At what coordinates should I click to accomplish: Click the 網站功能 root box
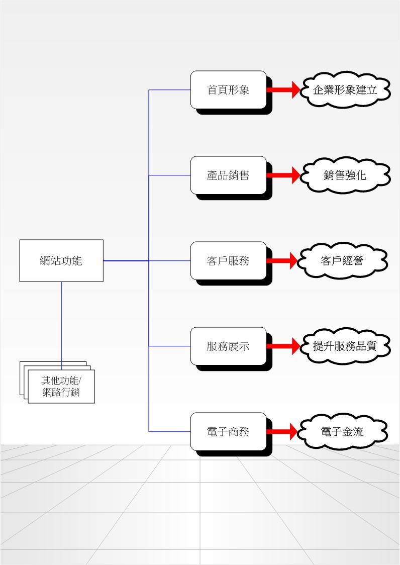(61, 260)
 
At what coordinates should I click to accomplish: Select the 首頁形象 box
(228, 90)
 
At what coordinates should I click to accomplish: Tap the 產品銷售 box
(228, 175)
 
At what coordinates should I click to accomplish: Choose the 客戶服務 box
(228, 261)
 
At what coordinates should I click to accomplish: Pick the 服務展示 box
(228, 346)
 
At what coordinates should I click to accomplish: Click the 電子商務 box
(228, 432)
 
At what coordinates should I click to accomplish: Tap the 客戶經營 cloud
(343, 261)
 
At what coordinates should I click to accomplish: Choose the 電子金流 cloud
(343, 432)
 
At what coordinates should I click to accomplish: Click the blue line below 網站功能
(61, 322)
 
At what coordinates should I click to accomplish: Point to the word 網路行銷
(61, 393)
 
